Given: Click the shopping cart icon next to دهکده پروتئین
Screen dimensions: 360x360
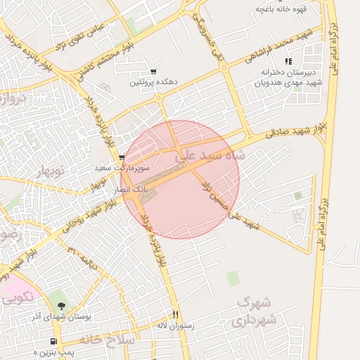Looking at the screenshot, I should coord(153,72).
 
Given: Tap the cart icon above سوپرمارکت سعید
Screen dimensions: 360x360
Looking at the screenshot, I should coord(122,157).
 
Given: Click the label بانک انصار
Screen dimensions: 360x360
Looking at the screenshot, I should coord(129,190).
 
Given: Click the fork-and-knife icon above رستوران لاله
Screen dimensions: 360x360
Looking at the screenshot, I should coord(176,315).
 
